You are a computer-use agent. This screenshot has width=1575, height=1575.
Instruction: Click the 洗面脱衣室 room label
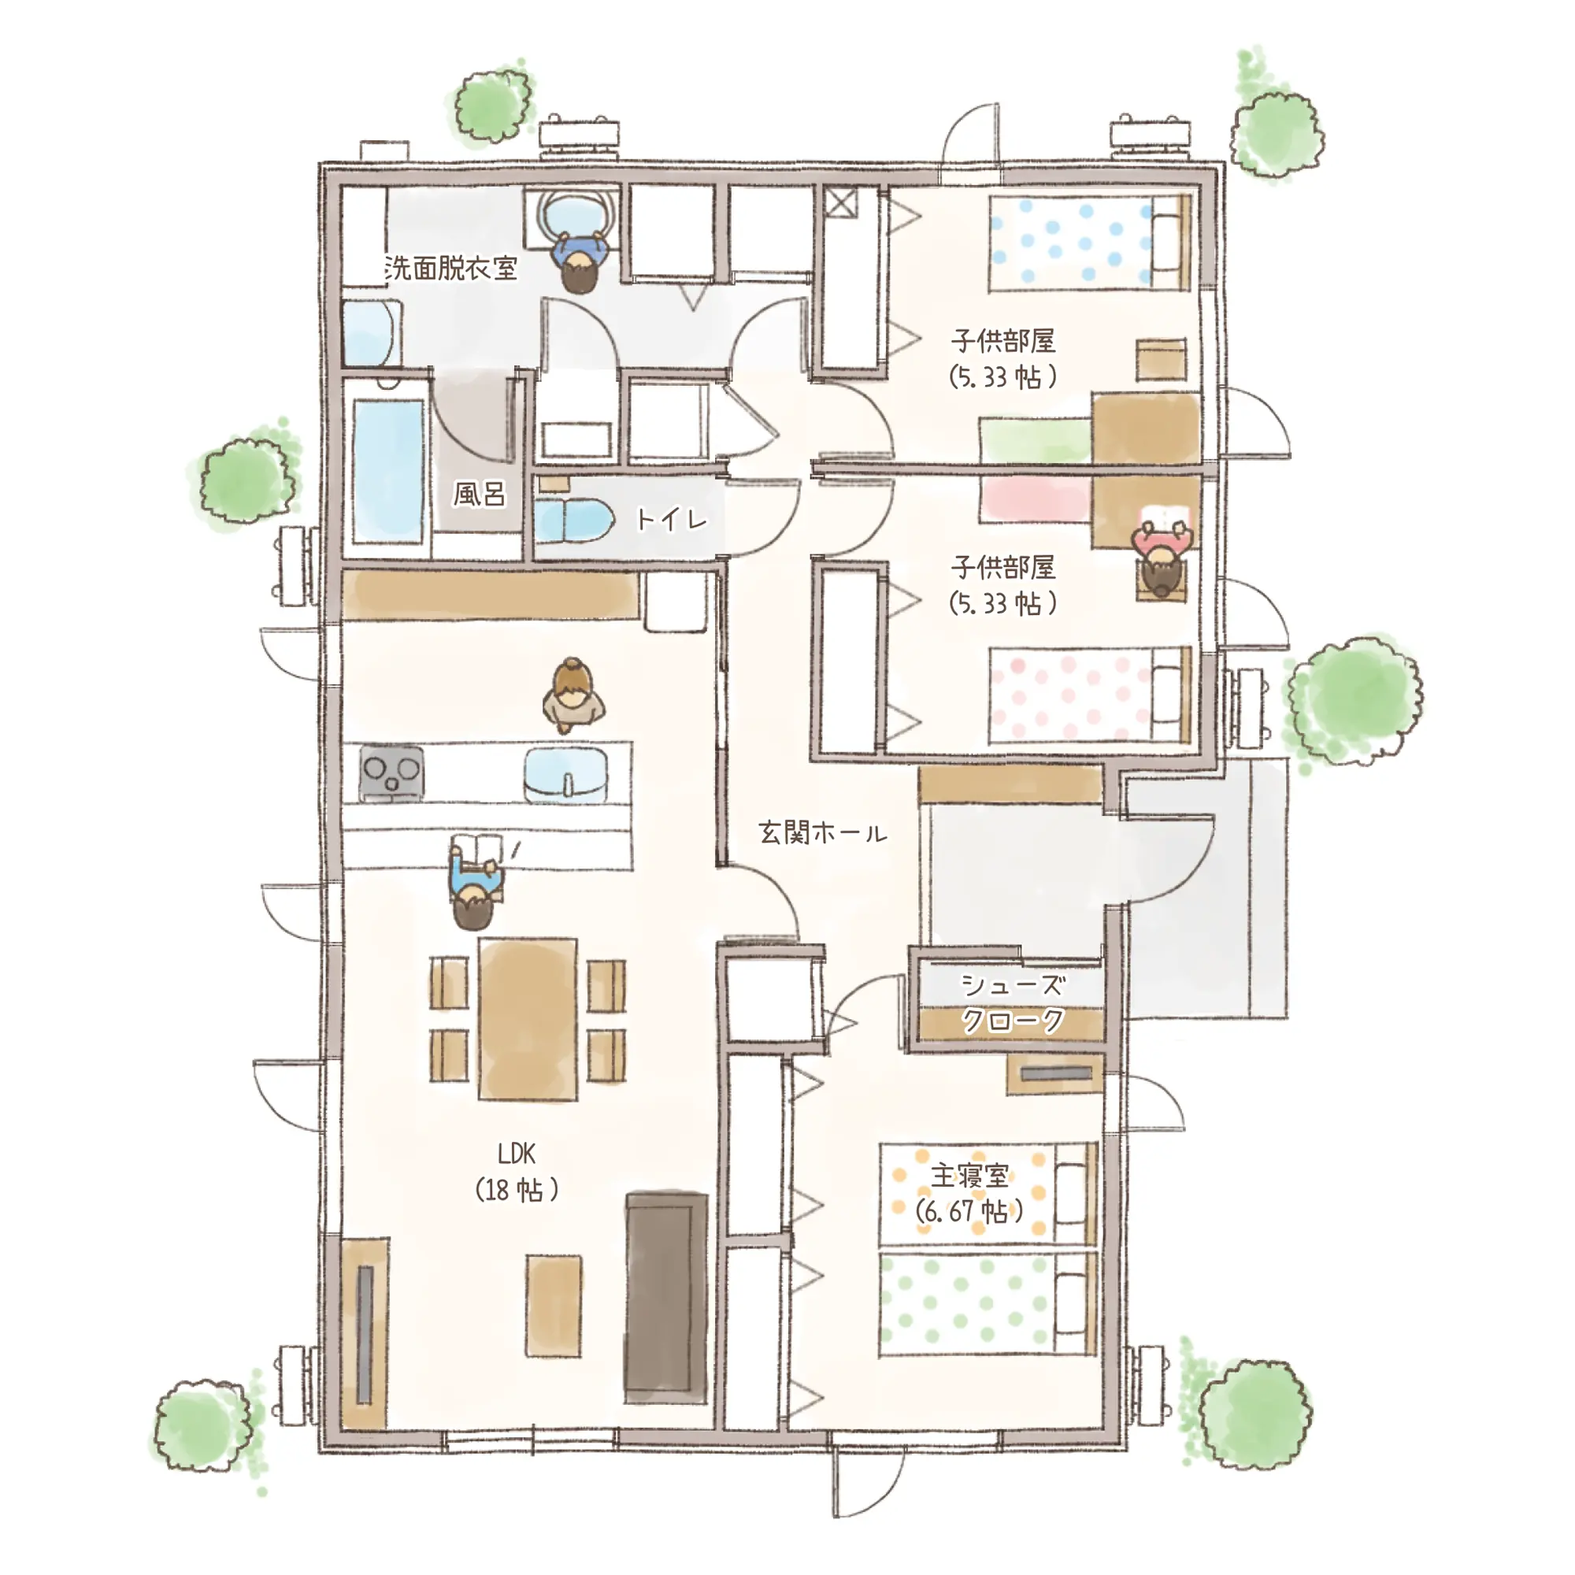450,268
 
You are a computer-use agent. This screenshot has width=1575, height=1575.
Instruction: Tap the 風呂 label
480,493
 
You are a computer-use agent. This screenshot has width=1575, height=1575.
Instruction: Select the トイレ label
671,518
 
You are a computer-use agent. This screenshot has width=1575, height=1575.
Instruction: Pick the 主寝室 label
970,1175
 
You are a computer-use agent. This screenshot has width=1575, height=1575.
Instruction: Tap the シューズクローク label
1013,1002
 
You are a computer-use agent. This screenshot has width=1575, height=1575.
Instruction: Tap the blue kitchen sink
565,775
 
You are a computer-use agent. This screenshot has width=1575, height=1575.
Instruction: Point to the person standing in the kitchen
574,695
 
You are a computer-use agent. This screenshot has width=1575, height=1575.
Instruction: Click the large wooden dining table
528,1019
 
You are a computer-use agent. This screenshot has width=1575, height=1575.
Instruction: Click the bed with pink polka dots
1090,695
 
